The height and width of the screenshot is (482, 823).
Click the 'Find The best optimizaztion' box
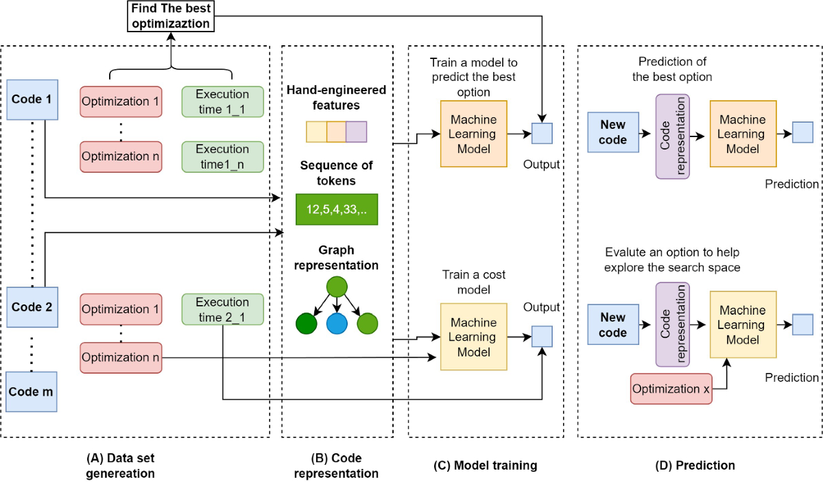(171, 16)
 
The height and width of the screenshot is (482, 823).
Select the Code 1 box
(32, 99)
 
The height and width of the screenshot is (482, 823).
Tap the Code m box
(32, 391)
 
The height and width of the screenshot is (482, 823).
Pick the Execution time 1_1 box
(223, 101)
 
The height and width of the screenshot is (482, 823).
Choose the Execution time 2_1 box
(223, 309)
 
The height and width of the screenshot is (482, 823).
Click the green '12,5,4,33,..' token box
(337, 209)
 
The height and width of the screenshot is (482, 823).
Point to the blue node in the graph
(337, 324)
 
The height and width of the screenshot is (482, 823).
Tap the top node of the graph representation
(337, 287)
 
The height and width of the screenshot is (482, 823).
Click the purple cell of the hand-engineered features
(357, 132)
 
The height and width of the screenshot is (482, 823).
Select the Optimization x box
(671, 389)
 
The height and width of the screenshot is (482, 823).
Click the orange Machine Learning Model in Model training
(474, 134)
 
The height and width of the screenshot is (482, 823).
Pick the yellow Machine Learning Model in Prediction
(743, 324)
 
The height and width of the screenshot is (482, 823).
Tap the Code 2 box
(32, 307)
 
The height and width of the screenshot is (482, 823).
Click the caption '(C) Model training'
(486, 465)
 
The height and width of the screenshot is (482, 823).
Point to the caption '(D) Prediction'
(695, 465)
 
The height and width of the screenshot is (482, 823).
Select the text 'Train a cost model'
(474, 282)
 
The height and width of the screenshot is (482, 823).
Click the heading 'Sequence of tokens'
(336, 173)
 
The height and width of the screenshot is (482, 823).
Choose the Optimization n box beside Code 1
(121, 157)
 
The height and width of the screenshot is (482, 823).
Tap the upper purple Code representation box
(672, 136)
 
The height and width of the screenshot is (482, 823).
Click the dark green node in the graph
(307, 324)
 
